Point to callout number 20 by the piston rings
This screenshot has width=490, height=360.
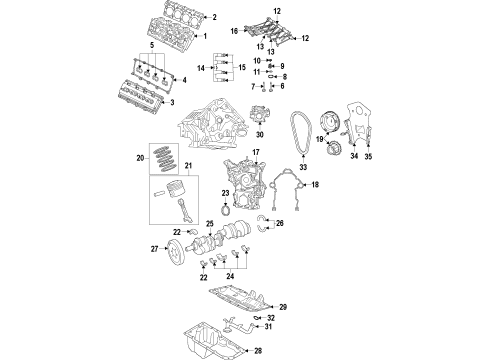pos(140,158)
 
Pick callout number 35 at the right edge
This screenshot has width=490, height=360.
pos(369,157)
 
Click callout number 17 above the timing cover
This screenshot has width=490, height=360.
pos(256,151)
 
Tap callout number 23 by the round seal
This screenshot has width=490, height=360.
pos(226,194)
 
